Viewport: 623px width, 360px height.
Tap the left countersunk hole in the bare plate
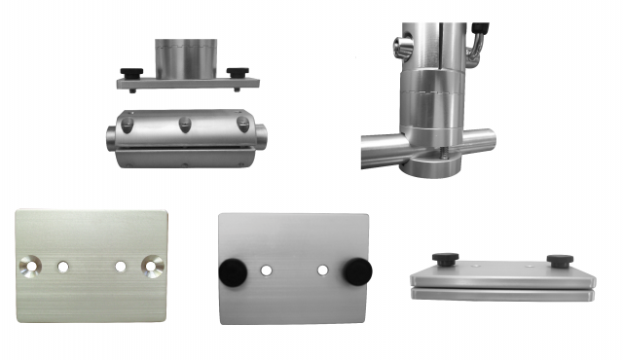(x=31, y=265)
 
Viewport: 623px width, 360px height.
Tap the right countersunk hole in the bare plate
(x=153, y=265)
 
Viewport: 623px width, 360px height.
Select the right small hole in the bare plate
(x=121, y=266)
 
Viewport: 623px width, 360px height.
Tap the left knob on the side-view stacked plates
(x=446, y=259)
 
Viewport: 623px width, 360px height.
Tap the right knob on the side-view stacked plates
(x=558, y=261)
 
